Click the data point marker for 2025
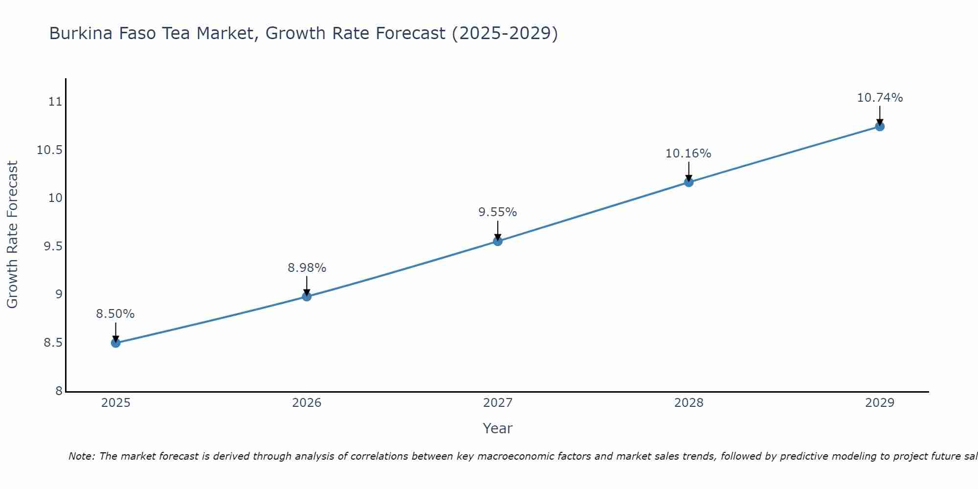tap(116, 343)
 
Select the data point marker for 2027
tap(498, 241)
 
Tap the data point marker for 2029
tap(880, 127)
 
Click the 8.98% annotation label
tap(307, 268)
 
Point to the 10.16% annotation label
tap(688, 154)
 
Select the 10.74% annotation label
tap(880, 98)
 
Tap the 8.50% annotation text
tap(115, 314)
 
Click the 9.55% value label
tap(497, 212)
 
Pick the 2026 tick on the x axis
tap(307, 403)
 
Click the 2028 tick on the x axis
tap(689, 403)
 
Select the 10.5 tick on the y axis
tap(50, 150)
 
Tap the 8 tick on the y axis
tap(59, 391)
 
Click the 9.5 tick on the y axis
tap(53, 246)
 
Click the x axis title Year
tap(497, 428)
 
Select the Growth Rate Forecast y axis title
tap(12, 235)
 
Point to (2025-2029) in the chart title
tap(504, 33)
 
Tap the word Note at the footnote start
tap(81, 456)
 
